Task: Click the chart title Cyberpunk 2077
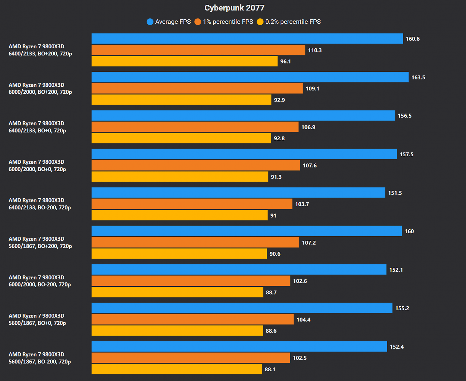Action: point(234,8)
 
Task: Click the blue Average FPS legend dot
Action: point(150,22)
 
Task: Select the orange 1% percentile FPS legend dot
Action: point(198,22)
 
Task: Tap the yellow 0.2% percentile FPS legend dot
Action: point(260,22)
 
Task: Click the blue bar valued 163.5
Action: point(250,77)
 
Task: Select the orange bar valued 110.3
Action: point(198,50)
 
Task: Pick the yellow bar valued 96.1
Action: point(184,61)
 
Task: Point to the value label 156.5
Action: point(405,116)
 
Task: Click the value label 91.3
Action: point(276,177)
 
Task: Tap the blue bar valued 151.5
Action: point(239,193)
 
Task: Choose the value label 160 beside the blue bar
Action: point(409,231)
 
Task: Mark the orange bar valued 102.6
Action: point(191,281)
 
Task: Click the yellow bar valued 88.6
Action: point(177,331)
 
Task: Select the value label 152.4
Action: point(397,347)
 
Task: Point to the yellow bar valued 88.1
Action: point(177,369)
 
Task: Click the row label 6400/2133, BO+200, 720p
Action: point(40,54)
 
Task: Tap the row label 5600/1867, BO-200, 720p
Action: point(40,362)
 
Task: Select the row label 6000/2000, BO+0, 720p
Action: point(37,169)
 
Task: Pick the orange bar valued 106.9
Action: point(195,127)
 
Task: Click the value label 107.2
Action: point(309,243)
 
